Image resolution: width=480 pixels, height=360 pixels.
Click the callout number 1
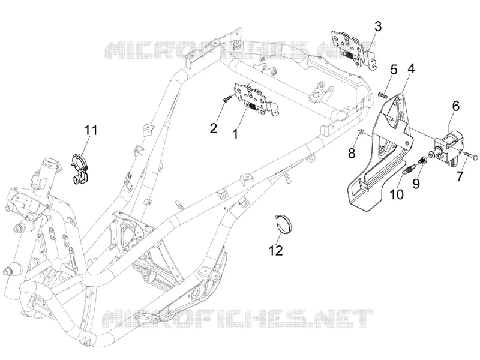coord(235,133)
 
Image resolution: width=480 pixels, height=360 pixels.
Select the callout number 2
coord(214,128)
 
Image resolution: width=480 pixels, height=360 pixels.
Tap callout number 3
coord(378,26)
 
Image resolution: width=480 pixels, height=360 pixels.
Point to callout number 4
coord(411,68)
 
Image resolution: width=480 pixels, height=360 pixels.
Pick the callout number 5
coord(394,70)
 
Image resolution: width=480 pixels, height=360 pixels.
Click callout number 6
coord(456,106)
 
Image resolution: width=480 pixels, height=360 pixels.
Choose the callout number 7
coord(460,176)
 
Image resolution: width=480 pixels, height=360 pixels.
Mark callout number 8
coord(352,153)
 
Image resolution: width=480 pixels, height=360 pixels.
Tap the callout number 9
coord(416,184)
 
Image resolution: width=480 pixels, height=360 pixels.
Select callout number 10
coord(397,194)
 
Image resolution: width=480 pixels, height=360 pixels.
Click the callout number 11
coord(91,130)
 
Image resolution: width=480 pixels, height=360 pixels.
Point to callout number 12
coord(275,251)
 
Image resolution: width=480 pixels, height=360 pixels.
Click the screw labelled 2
coord(227,99)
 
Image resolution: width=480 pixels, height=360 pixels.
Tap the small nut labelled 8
coord(361,132)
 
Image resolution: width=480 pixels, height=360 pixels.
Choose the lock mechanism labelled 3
coord(354,49)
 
